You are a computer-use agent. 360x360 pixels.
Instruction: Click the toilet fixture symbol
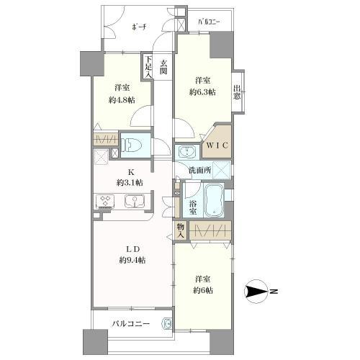[130, 145]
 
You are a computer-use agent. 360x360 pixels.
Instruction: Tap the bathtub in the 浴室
[214, 200]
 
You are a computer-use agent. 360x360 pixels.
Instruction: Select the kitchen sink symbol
[134, 200]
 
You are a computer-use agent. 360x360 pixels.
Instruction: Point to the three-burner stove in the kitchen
[105, 201]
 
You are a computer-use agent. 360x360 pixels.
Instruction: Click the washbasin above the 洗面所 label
[187, 152]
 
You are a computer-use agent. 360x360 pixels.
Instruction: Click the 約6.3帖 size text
[202, 92]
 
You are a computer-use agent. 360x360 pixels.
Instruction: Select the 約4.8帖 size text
[122, 100]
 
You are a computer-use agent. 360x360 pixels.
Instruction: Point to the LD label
[133, 249]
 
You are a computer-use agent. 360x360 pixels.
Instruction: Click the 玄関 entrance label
[163, 67]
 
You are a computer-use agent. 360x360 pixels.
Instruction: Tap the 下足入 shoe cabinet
[148, 66]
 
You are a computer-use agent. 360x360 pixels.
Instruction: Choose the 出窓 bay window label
[237, 92]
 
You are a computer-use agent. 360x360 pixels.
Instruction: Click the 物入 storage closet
[180, 230]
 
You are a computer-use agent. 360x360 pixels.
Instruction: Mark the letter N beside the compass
[274, 292]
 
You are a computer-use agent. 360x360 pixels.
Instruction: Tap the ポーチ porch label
[139, 27]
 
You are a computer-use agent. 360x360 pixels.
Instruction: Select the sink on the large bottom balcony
[168, 324]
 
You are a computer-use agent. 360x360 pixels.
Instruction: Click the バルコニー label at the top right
[209, 22]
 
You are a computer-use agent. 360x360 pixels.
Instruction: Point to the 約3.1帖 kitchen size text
[130, 183]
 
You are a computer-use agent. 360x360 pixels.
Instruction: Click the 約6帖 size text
[203, 290]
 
